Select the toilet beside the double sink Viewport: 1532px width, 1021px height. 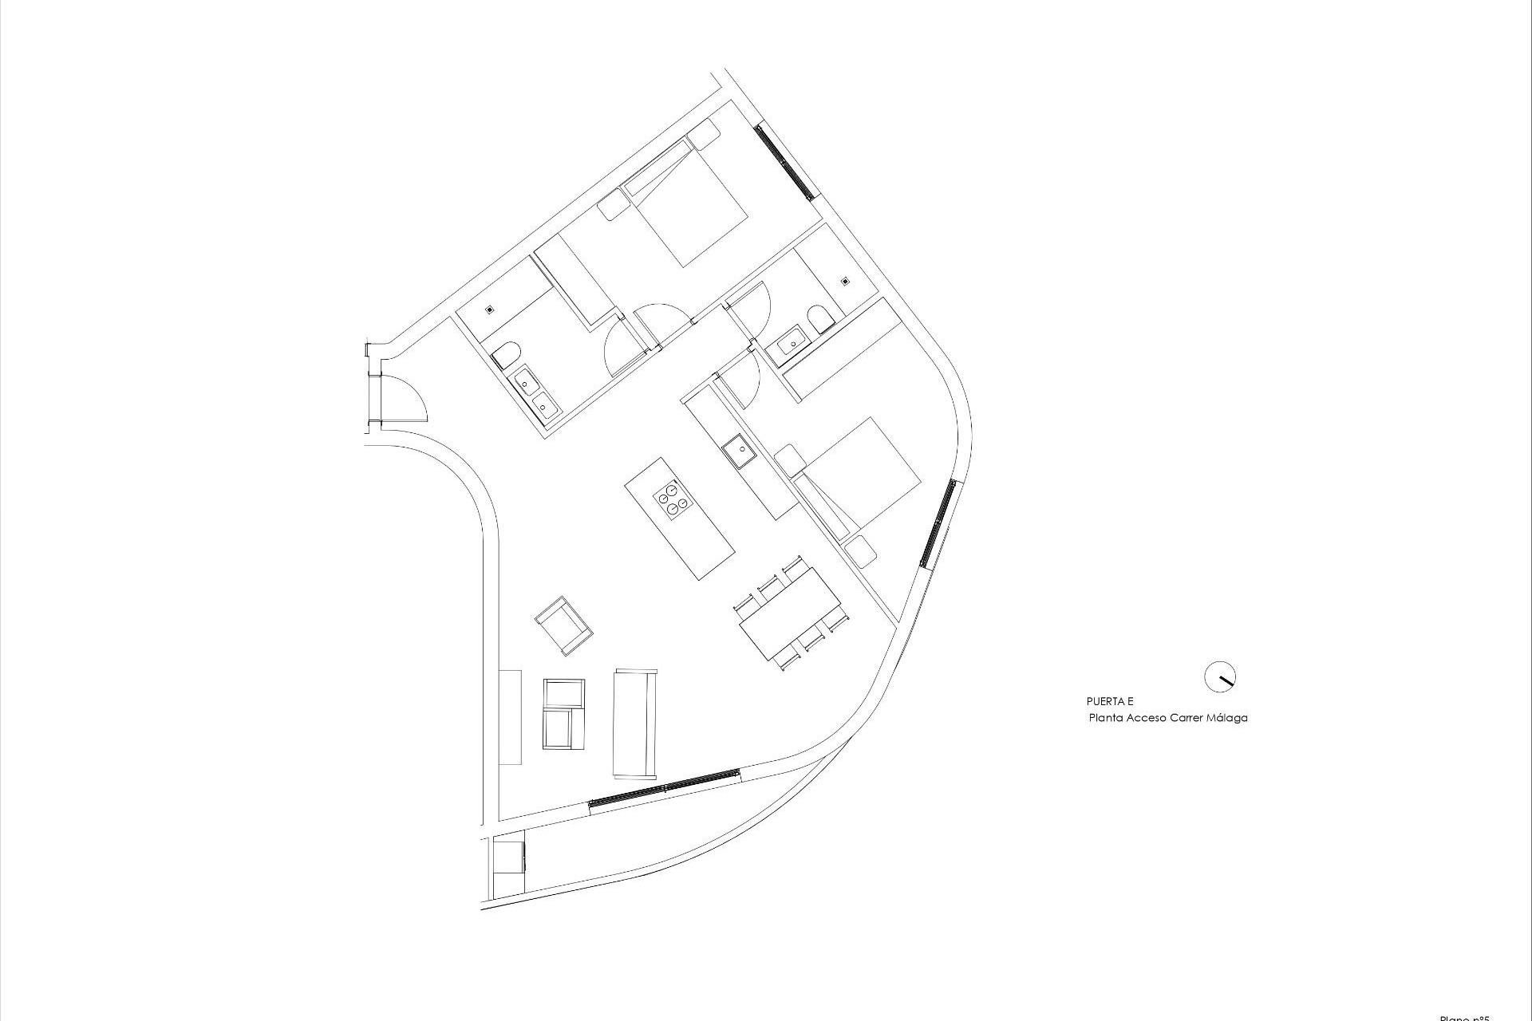(x=506, y=354)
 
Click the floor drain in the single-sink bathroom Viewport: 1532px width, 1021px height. (x=845, y=281)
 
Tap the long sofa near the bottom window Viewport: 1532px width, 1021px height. (x=635, y=723)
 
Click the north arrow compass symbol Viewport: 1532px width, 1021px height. (x=1219, y=677)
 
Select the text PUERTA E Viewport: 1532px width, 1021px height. (x=1110, y=702)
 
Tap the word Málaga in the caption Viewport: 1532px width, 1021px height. (x=1227, y=718)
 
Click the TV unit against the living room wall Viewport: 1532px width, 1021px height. (x=510, y=717)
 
